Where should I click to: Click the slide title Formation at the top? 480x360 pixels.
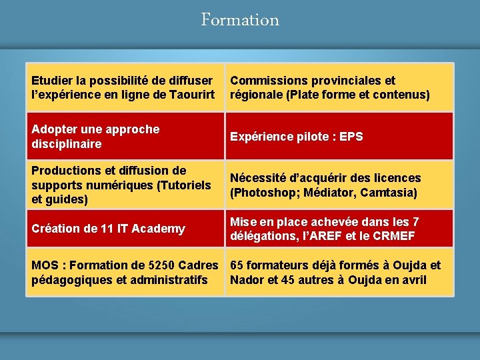[240, 20]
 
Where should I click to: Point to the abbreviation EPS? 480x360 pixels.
[351, 137]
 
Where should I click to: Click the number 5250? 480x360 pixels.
[153, 265]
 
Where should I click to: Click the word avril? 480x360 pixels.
[413, 279]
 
